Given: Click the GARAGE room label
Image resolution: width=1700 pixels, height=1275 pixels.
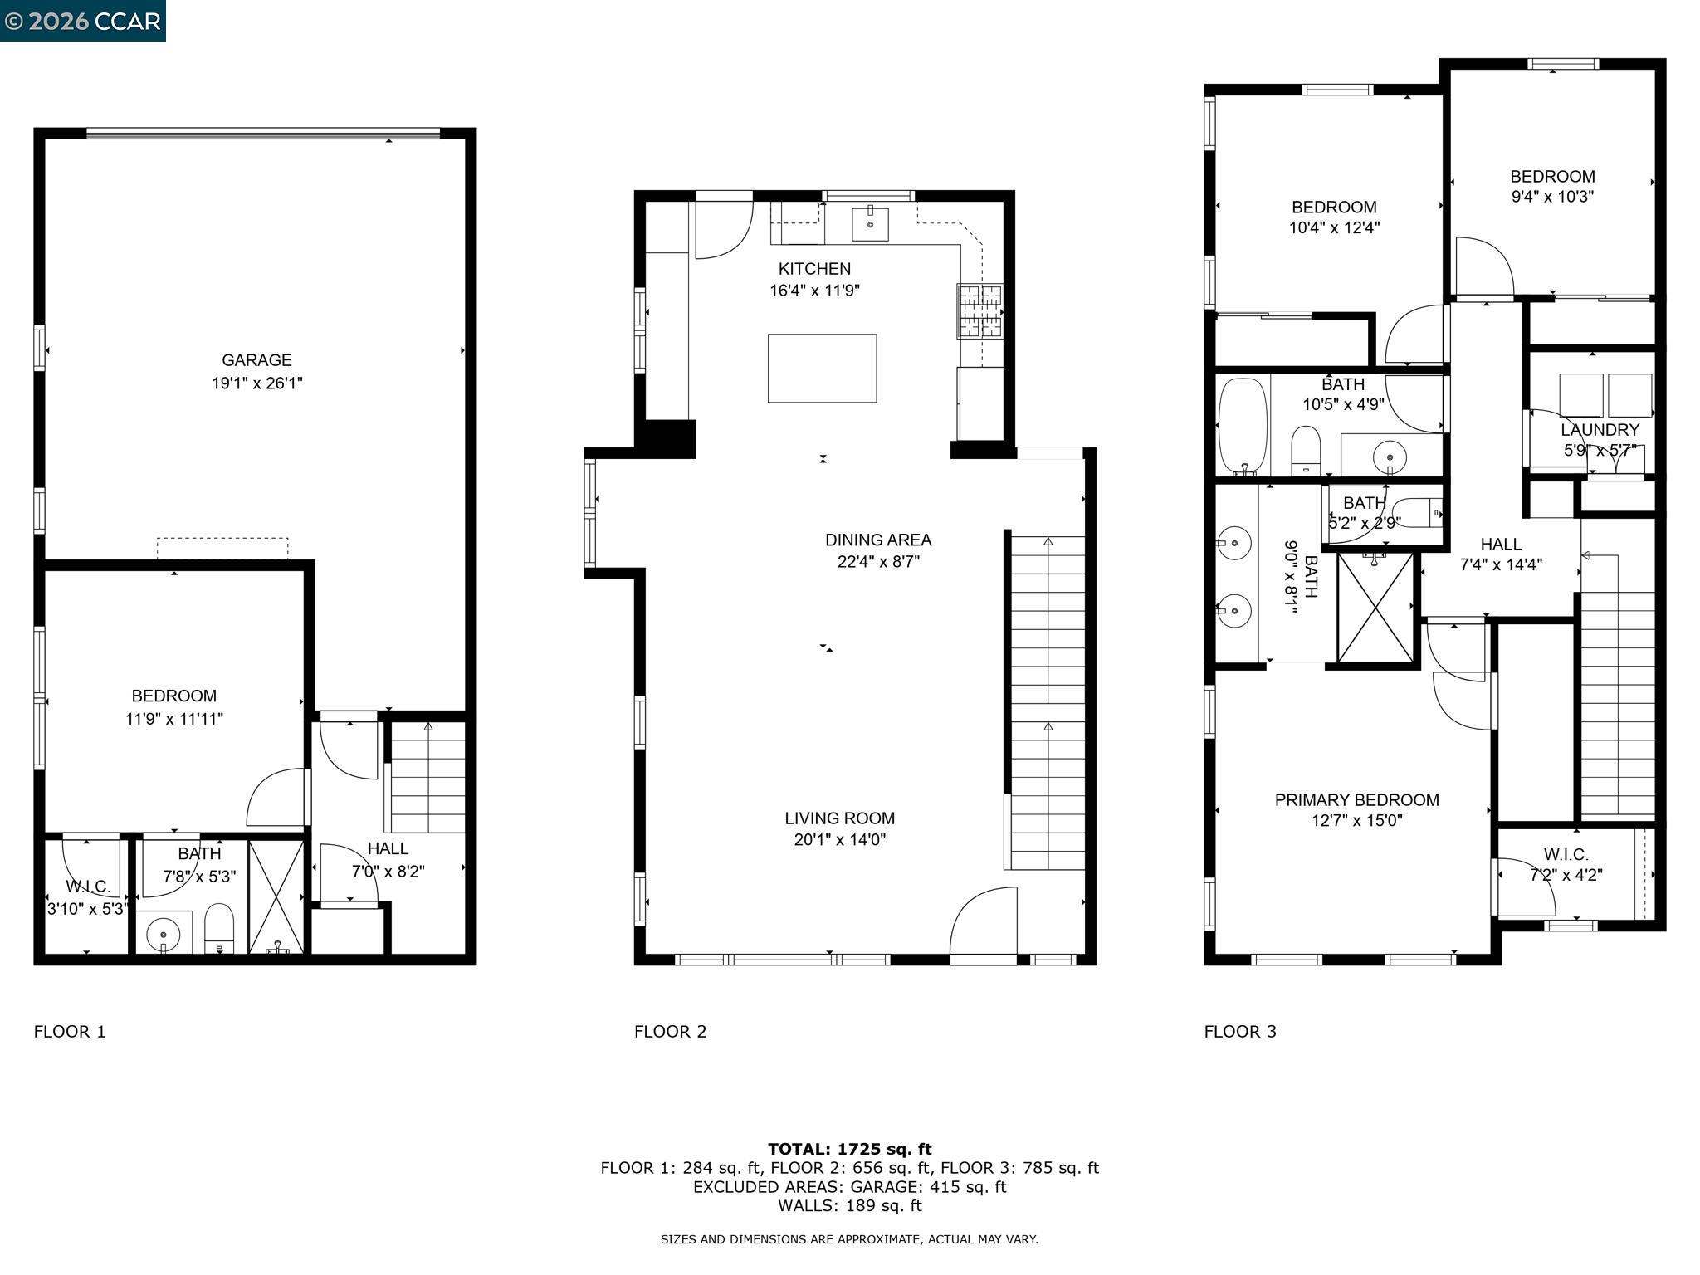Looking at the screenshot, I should point(256,360).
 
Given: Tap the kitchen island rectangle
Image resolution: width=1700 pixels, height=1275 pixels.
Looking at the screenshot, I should point(822,369).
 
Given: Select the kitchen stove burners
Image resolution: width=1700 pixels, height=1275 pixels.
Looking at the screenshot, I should point(979,310).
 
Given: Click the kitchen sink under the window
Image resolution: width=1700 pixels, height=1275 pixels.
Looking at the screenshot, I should point(870,224).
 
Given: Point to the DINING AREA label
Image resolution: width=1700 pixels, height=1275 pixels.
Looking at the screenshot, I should point(878,540).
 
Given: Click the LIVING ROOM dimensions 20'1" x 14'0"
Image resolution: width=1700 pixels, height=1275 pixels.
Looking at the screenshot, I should point(839,839).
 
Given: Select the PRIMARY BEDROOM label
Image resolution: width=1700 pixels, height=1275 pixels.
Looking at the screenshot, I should point(1356,799).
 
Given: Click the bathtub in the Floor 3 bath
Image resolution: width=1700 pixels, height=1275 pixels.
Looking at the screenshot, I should point(1243,425).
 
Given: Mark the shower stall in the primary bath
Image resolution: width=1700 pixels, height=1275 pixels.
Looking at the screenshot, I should point(1375,608).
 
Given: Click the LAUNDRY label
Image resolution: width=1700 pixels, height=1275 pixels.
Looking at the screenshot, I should point(1599,430).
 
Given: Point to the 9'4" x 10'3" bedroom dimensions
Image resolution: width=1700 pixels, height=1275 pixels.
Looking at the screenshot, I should point(1551,197).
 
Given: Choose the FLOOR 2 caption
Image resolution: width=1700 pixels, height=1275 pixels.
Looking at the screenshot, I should point(670,1031).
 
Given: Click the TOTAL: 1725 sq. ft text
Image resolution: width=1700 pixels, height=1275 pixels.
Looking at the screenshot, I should point(849,1149).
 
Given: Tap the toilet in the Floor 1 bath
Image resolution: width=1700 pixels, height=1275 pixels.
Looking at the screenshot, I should point(219,928).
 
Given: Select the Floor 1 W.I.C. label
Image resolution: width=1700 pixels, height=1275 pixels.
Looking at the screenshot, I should point(88,887).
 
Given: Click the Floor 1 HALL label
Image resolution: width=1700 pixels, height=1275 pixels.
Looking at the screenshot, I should point(388,848).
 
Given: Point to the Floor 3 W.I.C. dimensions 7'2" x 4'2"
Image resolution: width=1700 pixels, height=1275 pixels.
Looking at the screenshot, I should point(1566,875).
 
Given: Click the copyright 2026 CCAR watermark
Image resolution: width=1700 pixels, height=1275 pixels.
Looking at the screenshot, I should point(82,21).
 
